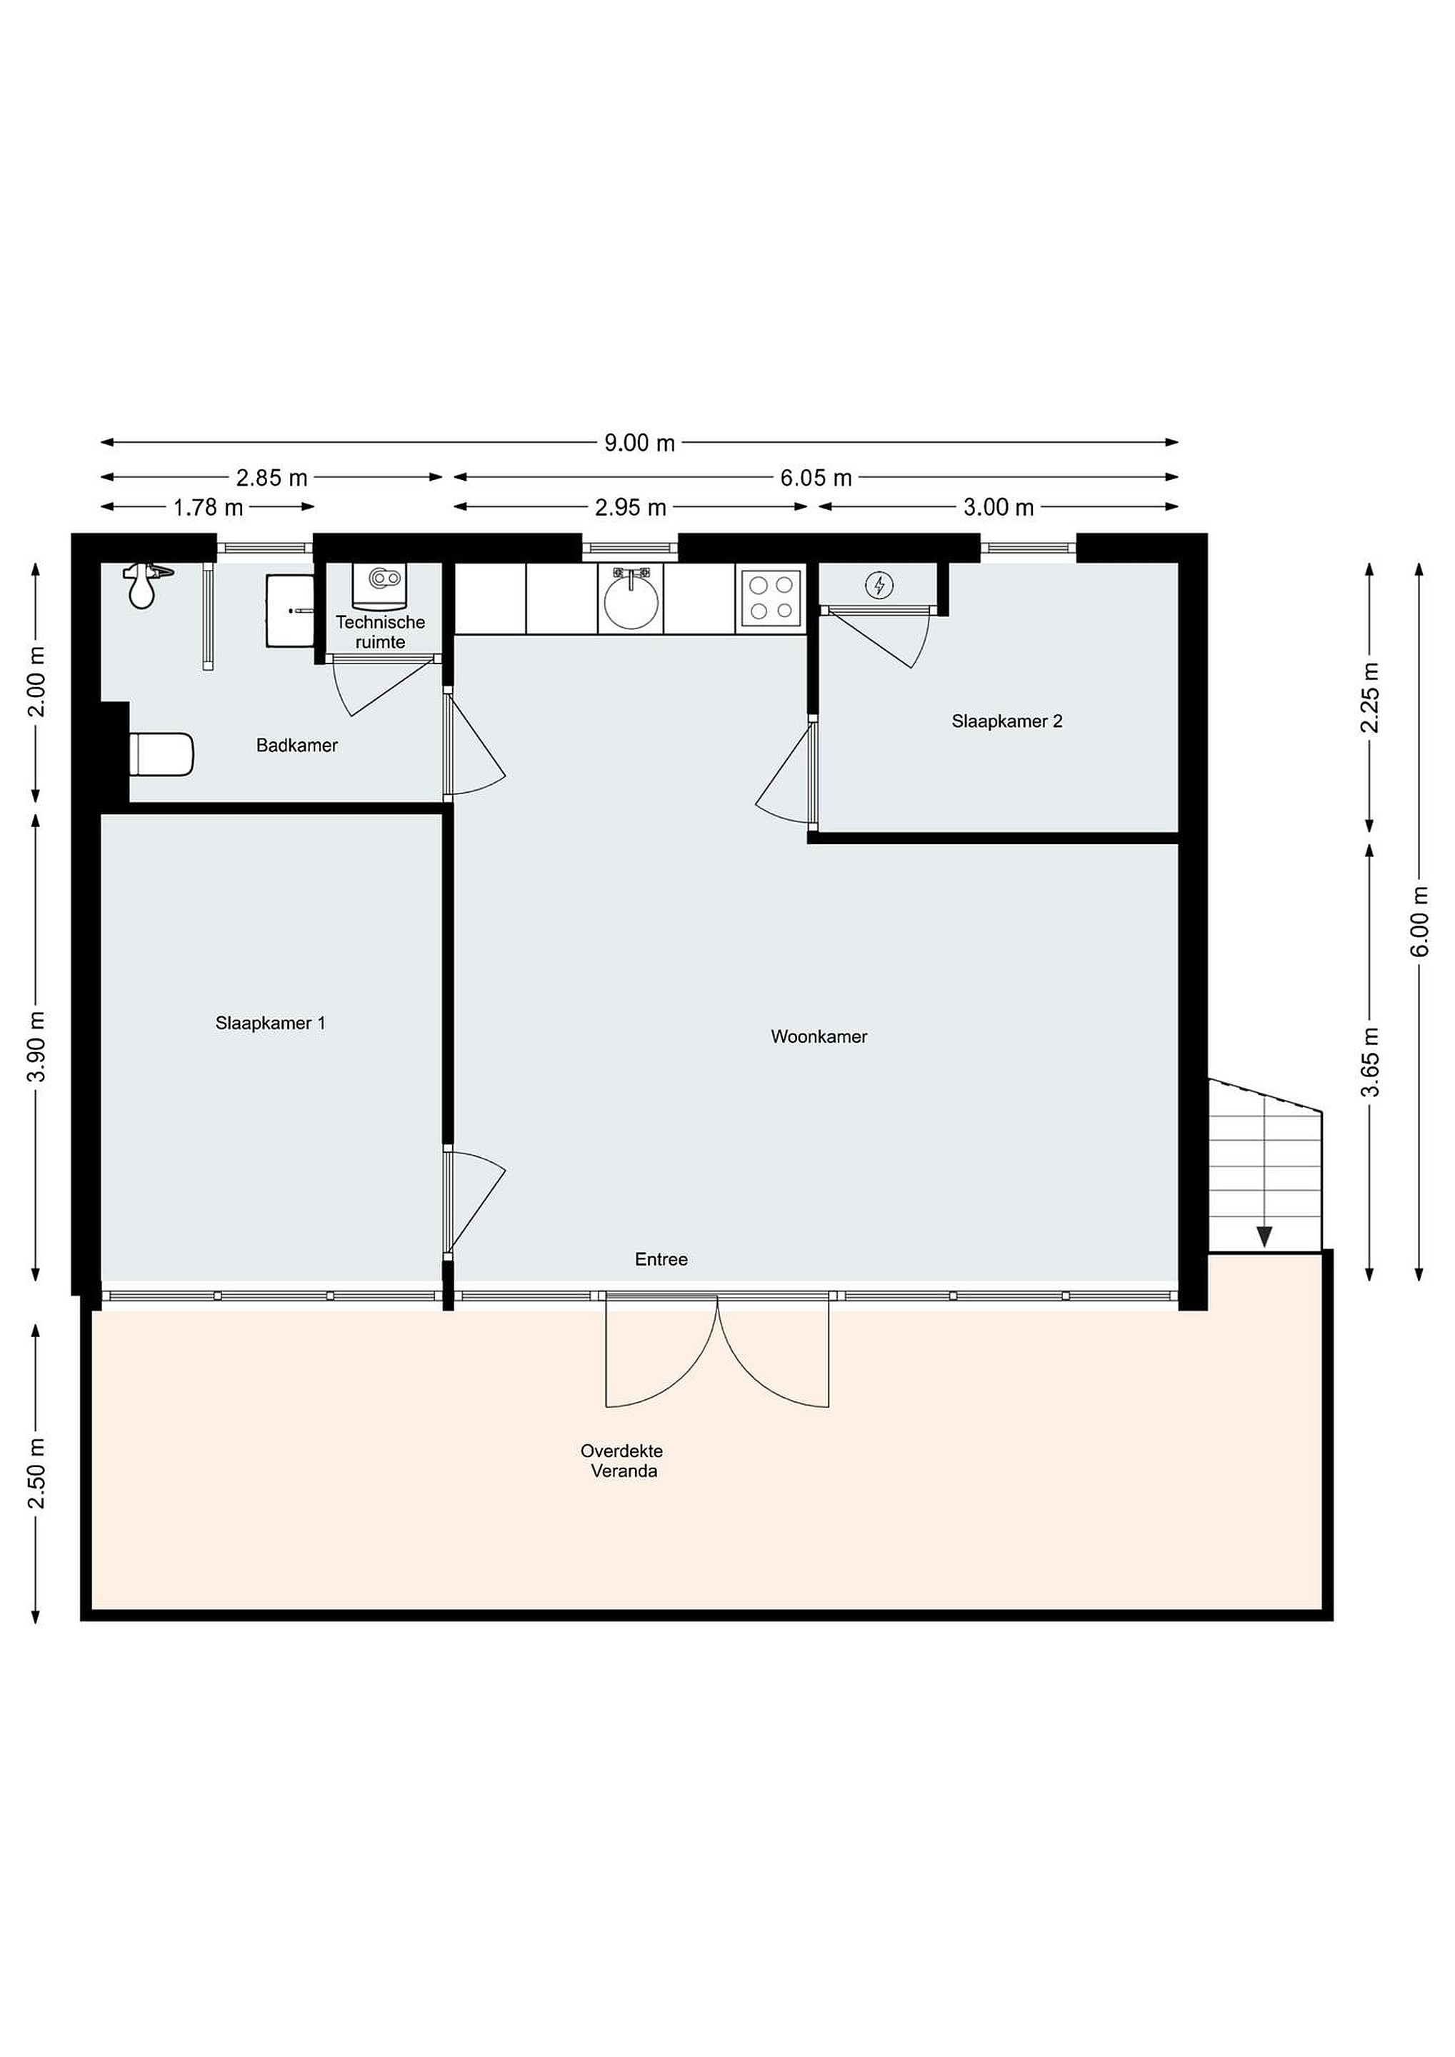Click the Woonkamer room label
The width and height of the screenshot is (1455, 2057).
click(x=819, y=1036)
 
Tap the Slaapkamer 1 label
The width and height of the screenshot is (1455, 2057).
click(x=270, y=1023)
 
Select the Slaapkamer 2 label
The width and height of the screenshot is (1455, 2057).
click(x=1007, y=721)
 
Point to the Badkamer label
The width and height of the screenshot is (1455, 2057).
click(x=296, y=746)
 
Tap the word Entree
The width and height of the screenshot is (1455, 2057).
click(x=661, y=1260)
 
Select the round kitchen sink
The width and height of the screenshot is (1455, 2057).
click(x=631, y=598)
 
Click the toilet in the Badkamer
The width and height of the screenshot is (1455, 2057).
click(x=161, y=754)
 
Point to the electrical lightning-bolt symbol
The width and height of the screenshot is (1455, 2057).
click(x=879, y=586)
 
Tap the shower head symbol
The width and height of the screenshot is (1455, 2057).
click(x=144, y=585)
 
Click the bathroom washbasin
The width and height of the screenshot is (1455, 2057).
click(x=290, y=611)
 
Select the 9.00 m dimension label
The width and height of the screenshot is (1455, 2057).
click(x=639, y=443)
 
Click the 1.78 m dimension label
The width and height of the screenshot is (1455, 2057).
click(x=208, y=508)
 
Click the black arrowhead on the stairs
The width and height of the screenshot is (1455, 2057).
click(x=1264, y=1237)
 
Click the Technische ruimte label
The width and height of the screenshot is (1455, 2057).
click(x=381, y=631)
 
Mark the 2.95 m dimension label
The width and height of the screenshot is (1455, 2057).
click(x=631, y=508)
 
